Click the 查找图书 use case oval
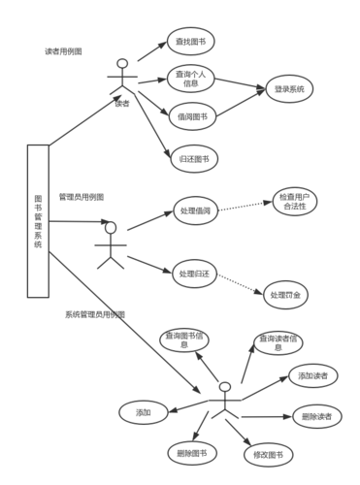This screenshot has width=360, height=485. coord(190,42)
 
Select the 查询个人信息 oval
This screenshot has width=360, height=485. coord(189,78)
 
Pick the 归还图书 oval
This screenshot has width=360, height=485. coord(190,157)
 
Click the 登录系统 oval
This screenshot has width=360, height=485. coord(288,89)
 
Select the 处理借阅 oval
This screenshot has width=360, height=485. coord(195,211)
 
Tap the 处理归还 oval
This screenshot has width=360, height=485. coord(194,275)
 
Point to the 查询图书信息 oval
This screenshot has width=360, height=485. coord(183,338)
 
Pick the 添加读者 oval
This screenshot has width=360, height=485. coord(311,375)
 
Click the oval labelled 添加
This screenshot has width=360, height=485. coord(142,412)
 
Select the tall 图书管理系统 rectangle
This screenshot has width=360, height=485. coord(38,220)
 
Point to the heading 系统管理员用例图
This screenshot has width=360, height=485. coord(94,314)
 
